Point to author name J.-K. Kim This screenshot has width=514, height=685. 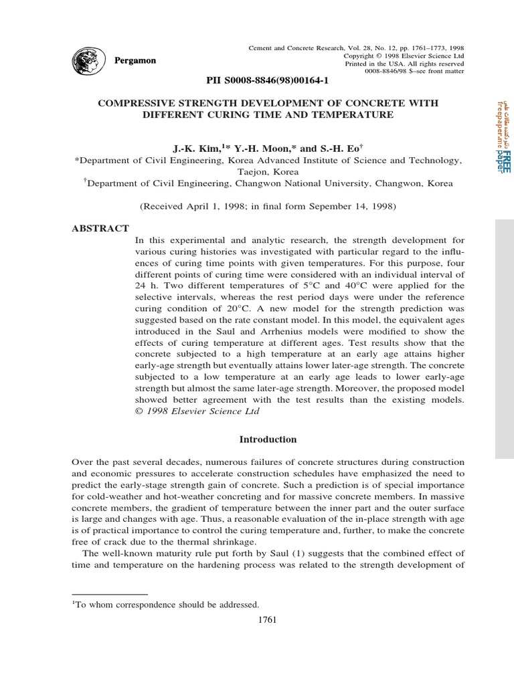192,148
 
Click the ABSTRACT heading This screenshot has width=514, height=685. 100,229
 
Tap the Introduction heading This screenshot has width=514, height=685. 268,439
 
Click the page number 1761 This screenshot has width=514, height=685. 267,619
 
